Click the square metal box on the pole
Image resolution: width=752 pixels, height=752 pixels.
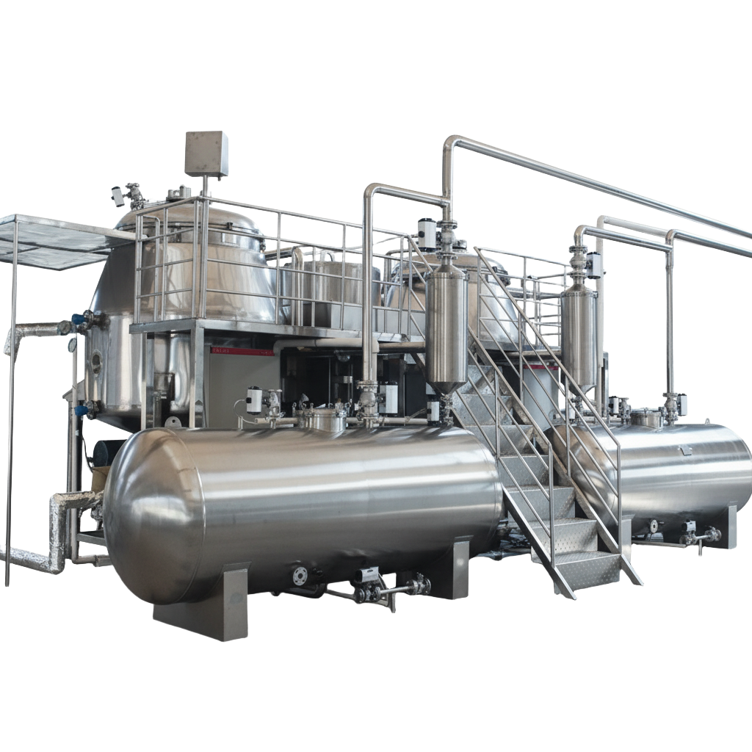tap(206, 153)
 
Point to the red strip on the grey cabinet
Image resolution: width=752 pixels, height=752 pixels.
tap(242, 352)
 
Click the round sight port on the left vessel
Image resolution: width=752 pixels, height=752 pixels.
tap(95, 359)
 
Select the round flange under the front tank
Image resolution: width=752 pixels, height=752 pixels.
tap(300, 575)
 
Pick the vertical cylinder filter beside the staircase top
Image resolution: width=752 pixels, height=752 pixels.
tap(446, 323)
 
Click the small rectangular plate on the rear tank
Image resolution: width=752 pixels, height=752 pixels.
tap(687, 449)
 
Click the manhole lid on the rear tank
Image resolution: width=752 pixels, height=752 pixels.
tap(646, 418)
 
